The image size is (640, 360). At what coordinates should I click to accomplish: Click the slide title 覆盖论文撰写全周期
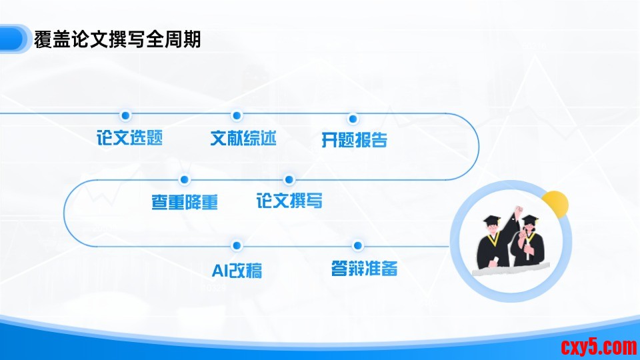(117, 39)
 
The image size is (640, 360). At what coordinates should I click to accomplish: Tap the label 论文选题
(130, 137)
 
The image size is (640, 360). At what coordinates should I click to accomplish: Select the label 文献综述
(243, 139)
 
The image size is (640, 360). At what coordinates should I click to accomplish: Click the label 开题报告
(354, 140)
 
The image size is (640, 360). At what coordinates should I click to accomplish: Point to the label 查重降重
(185, 202)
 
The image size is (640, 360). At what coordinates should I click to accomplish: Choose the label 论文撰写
(289, 201)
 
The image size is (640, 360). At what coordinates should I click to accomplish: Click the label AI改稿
(237, 271)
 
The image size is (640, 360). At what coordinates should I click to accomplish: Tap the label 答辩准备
(364, 269)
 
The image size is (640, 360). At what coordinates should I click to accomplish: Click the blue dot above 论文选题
(126, 115)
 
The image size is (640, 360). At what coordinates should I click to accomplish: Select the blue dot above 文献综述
(236, 115)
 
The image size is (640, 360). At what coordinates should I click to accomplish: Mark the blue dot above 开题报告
(353, 119)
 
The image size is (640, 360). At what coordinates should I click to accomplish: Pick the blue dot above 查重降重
(185, 179)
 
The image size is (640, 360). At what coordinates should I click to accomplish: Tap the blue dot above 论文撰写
(289, 179)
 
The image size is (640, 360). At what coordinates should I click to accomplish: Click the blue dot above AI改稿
(236, 245)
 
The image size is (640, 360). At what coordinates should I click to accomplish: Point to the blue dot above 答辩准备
(357, 245)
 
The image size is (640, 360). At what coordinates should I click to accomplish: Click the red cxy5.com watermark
(599, 347)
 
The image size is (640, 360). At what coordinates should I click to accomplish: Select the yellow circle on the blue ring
(555, 204)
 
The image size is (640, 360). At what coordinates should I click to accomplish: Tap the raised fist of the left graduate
(519, 210)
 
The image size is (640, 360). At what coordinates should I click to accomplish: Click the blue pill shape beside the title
(14, 39)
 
